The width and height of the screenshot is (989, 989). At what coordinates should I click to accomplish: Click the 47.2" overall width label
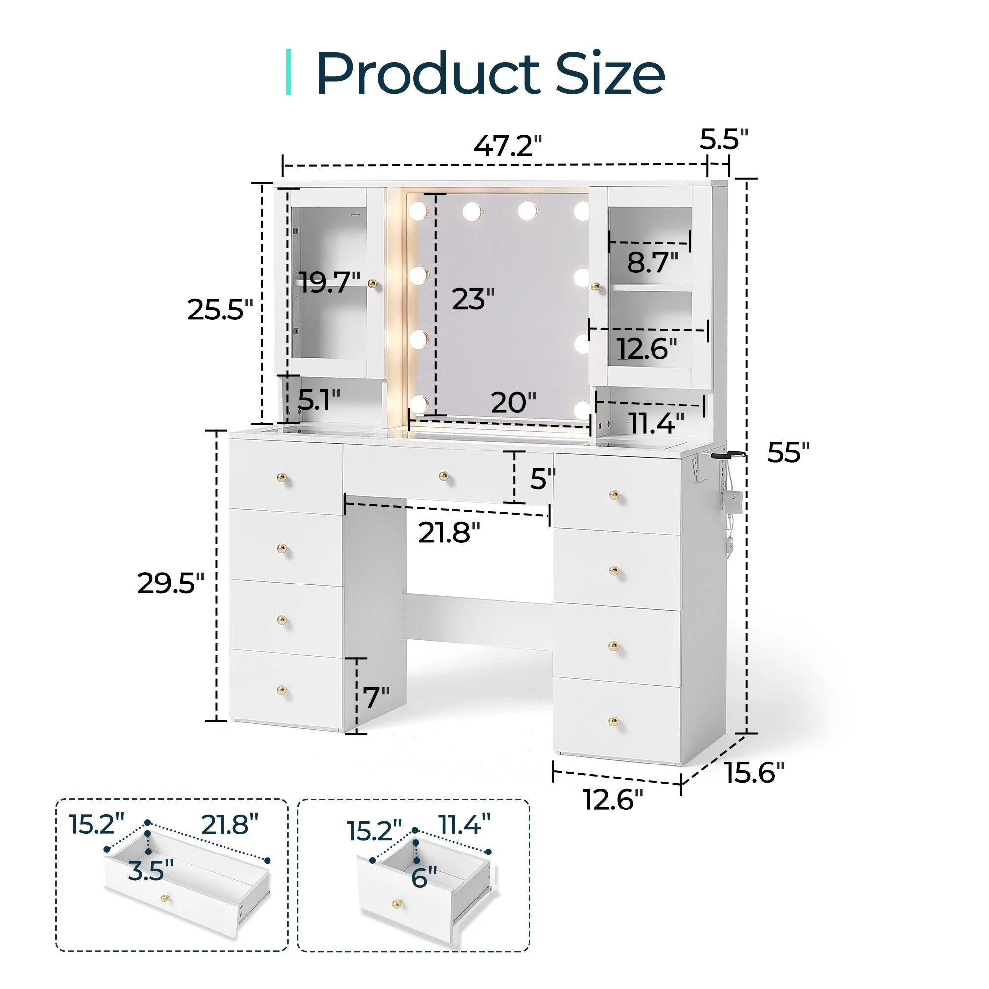coord(507,146)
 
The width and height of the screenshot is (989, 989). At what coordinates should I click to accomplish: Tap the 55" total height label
coord(789,452)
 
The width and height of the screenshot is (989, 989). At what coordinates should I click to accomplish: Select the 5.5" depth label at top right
coord(724,139)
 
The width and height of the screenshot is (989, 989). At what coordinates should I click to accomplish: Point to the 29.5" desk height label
coord(171,583)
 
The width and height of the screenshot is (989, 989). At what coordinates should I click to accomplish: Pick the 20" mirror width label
coord(513,403)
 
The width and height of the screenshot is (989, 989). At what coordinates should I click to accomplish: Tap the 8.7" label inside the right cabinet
coord(653,263)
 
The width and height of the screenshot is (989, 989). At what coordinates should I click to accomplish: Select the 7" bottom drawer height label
coord(376,697)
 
